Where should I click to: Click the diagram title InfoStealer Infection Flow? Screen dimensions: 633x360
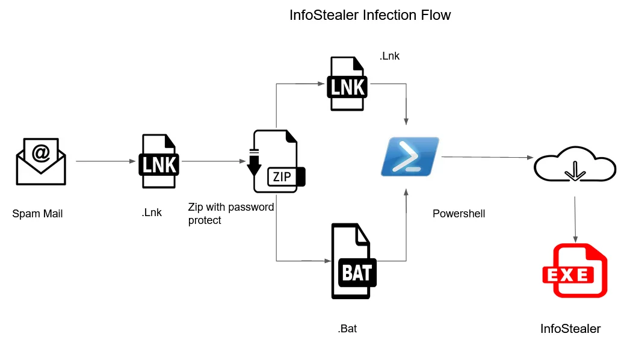click(x=370, y=16)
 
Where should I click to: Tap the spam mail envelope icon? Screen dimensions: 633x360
click(x=41, y=161)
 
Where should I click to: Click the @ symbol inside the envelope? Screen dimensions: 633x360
click(x=41, y=153)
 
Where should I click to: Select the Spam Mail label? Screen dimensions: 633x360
click(x=37, y=213)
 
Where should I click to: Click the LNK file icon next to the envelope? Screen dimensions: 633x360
click(x=159, y=161)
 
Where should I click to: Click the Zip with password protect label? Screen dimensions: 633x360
click(x=231, y=213)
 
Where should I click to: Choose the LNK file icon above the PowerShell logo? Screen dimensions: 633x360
click(x=347, y=84)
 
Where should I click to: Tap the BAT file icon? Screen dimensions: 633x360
click(x=354, y=261)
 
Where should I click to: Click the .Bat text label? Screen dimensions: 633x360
click(x=347, y=329)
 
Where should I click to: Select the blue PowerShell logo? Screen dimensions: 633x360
click(x=410, y=157)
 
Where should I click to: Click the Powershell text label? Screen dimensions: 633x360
click(x=459, y=213)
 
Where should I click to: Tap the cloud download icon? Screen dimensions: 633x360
click(x=575, y=164)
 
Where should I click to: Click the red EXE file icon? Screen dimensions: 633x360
click(x=575, y=270)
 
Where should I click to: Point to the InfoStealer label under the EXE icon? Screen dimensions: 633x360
click(x=570, y=329)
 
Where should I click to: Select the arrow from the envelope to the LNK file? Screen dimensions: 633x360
click(x=106, y=161)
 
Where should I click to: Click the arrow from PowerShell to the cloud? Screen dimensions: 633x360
click(x=487, y=157)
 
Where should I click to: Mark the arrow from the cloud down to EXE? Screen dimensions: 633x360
click(x=575, y=219)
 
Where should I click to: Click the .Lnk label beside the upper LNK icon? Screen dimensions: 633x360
click(x=389, y=56)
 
